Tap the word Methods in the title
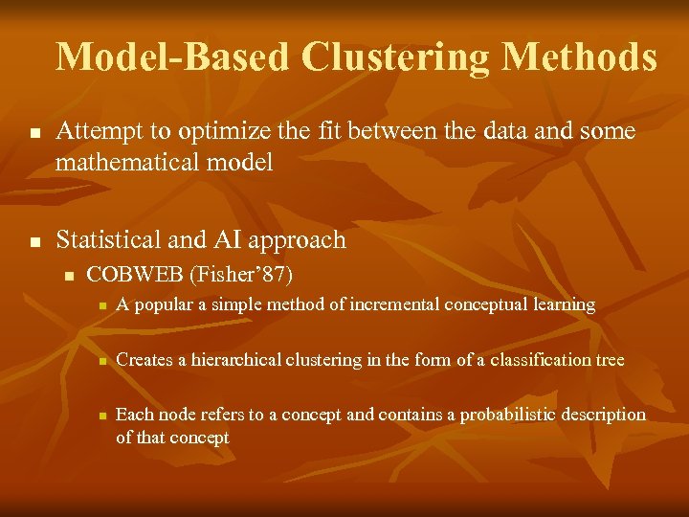click(580, 57)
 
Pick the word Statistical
click(107, 239)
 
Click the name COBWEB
click(135, 275)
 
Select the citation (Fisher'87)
click(241, 275)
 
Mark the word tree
click(610, 360)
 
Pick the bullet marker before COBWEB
click(68, 277)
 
